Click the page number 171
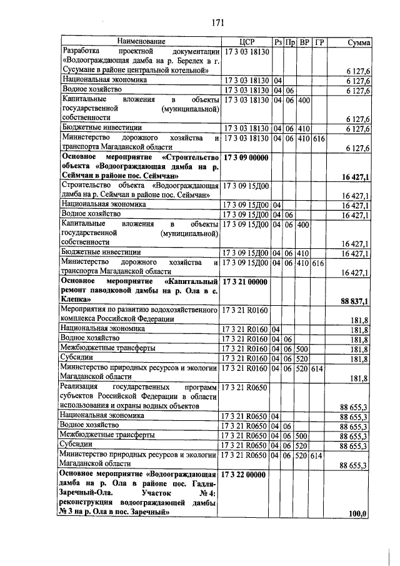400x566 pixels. [x=217, y=23]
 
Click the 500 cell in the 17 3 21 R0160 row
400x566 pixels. [x=304, y=348]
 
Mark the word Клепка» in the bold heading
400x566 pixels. [x=79, y=301]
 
